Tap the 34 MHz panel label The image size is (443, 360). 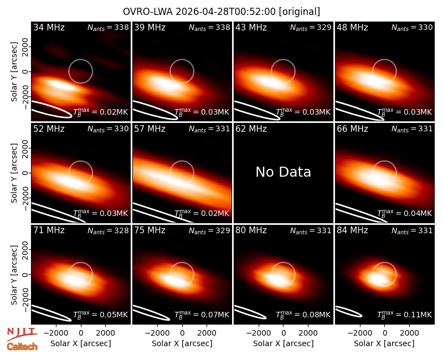click(x=49, y=27)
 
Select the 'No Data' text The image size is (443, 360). click(x=283, y=172)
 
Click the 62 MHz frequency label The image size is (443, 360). click(x=251, y=129)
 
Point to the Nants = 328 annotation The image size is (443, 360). click(x=108, y=230)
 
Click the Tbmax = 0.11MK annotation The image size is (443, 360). click(x=404, y=314)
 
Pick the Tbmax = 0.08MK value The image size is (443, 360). click(x=303, y=314)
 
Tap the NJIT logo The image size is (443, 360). click(x=22, y=334)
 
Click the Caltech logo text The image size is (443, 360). click(x=22, y=347)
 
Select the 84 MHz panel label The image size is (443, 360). click(x=352, y=230)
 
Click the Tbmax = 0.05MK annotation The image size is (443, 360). click(x=101, y=314)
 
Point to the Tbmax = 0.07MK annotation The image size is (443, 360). click(x=202, y=314)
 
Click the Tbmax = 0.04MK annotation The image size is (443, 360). click(x=404, y=213)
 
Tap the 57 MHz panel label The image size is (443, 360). click(x=150, y=129)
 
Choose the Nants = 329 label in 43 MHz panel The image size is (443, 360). click(x=311, y=28)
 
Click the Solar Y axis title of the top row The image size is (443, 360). click(x=14, y=72)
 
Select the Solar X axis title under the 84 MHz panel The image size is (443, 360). click(x=384, y=343)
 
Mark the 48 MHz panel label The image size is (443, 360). click(x=352, y=27)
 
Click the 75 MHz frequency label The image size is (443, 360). click(x=150, y=230)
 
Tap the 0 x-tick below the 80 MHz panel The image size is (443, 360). click(x=284, y=333)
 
